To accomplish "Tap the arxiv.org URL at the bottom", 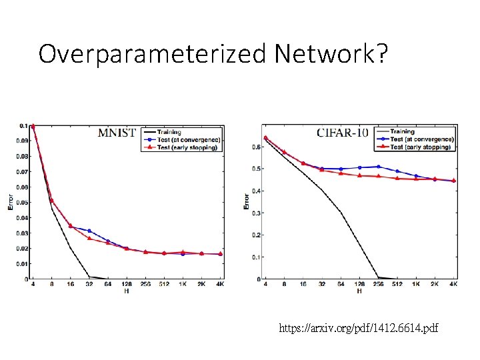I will point(359,328).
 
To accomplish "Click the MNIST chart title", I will point(117,132).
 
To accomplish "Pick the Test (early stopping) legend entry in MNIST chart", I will point(187,147).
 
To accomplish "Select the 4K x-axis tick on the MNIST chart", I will point(220,285).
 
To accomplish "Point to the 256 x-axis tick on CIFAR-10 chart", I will point(378,285).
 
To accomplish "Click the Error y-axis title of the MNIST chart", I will point(10,202).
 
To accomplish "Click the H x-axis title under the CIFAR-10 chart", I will point(359,291).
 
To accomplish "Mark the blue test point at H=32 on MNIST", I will point(89,231).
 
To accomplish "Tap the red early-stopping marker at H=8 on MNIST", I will point(51,201).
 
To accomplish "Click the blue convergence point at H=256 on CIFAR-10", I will point(378,167).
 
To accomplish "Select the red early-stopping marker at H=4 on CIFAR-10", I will point(265,138).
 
